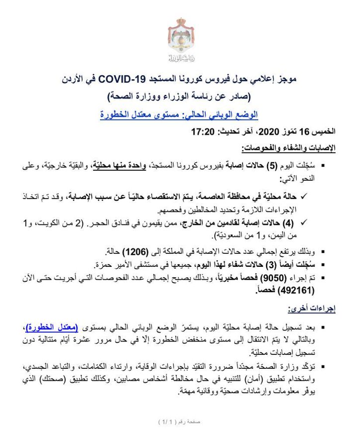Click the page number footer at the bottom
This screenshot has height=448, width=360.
tap(180, 422)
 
